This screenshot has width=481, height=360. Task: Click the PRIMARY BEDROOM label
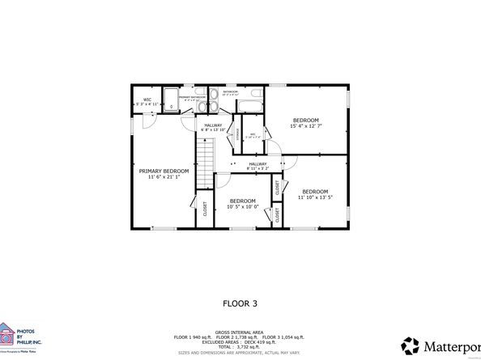point(164,171)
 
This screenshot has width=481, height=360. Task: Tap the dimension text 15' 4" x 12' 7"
point(306,125)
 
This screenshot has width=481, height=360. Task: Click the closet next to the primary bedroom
point(204,209)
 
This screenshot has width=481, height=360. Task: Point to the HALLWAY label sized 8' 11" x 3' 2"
point(258,166)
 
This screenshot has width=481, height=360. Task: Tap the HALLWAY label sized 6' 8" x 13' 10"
point(213,126)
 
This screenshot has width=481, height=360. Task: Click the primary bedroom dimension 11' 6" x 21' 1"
point(164,177)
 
